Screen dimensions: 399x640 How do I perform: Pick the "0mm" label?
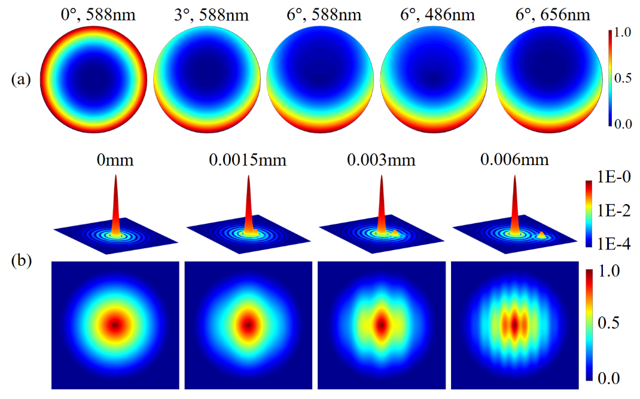[x=115, y=160]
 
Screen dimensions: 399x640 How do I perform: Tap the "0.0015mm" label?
[x=247, y=160]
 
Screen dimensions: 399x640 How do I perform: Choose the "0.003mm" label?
[x=380, y=160]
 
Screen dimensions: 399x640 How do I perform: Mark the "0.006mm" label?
[x=514, y=160]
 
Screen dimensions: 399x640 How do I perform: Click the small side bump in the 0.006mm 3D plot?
[x=541, y=235]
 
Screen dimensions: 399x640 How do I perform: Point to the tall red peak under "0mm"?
[x=116, y=203]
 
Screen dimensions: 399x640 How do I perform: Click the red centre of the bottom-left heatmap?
[x=115, y=325]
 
